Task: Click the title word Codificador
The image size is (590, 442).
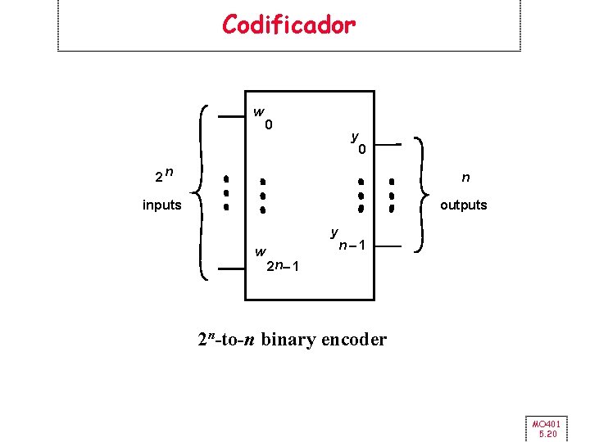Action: tap(288, 25)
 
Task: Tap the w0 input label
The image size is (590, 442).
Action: tap(263, 118)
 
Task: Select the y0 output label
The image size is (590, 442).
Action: tap(357, 143)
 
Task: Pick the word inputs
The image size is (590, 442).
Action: tap(161, 205)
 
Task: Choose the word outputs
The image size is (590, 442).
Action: tap(463, 205)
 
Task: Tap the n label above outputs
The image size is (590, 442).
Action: tap(465, 177)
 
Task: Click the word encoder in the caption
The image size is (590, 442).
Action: tap(354, 339)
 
